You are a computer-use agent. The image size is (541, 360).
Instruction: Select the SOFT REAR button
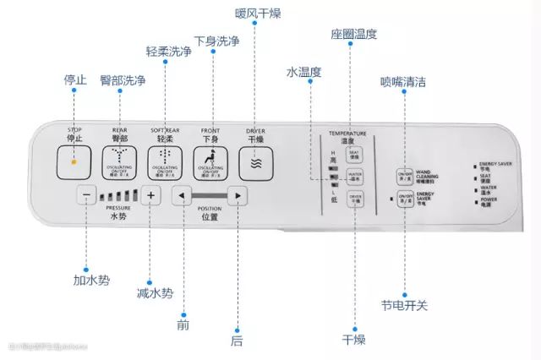164,161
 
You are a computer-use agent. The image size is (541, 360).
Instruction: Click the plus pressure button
150,196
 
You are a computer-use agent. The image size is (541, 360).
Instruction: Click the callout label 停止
75,80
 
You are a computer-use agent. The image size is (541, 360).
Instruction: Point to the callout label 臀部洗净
123,80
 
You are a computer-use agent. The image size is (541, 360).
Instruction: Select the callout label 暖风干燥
259,14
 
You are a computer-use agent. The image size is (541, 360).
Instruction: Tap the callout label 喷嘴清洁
403,82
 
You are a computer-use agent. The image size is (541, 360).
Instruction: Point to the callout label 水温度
303,73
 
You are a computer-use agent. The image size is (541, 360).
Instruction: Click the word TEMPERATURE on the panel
347,134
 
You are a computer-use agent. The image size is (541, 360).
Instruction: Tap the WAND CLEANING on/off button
404,176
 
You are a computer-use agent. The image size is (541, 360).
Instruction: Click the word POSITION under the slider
209,208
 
